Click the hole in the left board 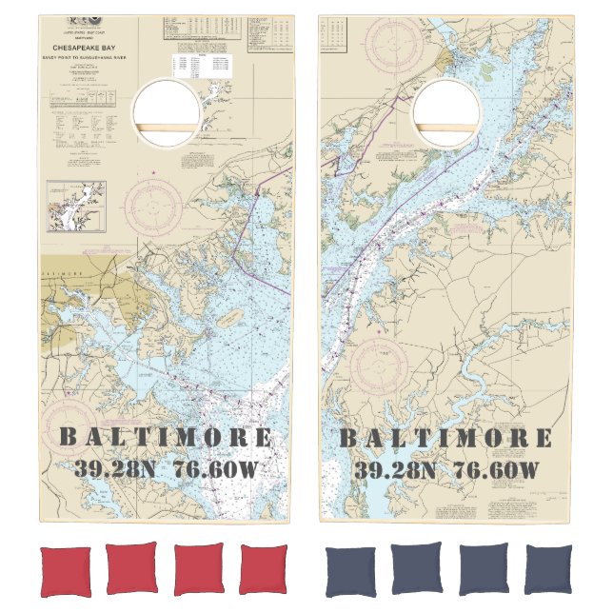point(167,113)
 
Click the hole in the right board point(446,113)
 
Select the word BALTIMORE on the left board point(166,438)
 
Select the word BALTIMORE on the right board point(445,438)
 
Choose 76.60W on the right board point(496,469)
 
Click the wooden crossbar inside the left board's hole point(167,129)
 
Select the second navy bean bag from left point(417,569)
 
